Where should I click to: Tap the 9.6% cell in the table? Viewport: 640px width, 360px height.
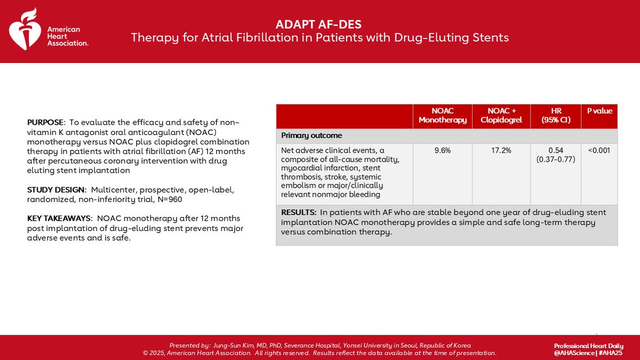click(442, 151)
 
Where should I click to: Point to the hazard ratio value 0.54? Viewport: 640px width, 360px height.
click(555, 151)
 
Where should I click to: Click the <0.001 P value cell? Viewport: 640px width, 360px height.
click(599, 151)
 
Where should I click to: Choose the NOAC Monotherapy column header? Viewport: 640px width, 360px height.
click(442, 116)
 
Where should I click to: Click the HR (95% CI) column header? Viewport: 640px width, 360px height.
click(555, 116)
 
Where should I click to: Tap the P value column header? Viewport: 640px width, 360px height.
click(599, 111)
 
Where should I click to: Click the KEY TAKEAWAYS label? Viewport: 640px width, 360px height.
click(60, 219)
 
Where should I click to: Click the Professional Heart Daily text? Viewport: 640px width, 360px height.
click(588, 346)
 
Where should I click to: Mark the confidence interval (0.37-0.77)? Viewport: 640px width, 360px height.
click(555, 159)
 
